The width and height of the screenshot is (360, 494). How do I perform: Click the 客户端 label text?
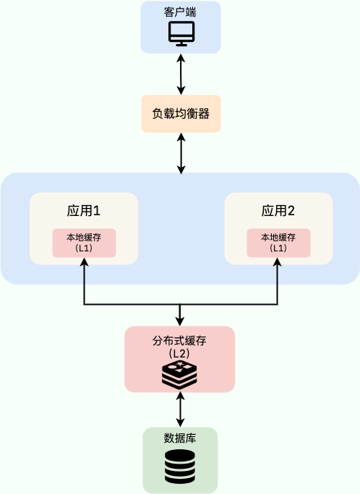[x=180, y=12]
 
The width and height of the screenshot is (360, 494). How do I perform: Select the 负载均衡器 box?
[x=181, y=113]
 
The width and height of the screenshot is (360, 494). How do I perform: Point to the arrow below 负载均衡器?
[x=181, y=153]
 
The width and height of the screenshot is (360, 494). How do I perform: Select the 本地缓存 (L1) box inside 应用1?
[x=84, y=242]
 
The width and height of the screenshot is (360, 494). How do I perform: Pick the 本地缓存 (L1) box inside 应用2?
[x=278, y=242]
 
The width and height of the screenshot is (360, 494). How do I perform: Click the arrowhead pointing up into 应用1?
[x=85, y=263]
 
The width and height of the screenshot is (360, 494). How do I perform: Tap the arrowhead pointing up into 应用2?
[x=278, y=263]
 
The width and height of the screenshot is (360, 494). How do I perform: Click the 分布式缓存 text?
[x=180, y=341]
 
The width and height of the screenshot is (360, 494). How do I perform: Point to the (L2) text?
[x=180, y=354]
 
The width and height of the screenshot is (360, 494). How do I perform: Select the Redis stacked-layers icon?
[x=180, y=373]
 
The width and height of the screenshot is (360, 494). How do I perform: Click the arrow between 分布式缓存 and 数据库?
[x=180, y=409]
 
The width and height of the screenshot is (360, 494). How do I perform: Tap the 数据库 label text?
[x=180, y=438]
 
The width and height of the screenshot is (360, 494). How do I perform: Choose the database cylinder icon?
[x=180, y=467]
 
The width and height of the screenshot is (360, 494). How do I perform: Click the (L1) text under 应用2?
[x=278, y=248]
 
